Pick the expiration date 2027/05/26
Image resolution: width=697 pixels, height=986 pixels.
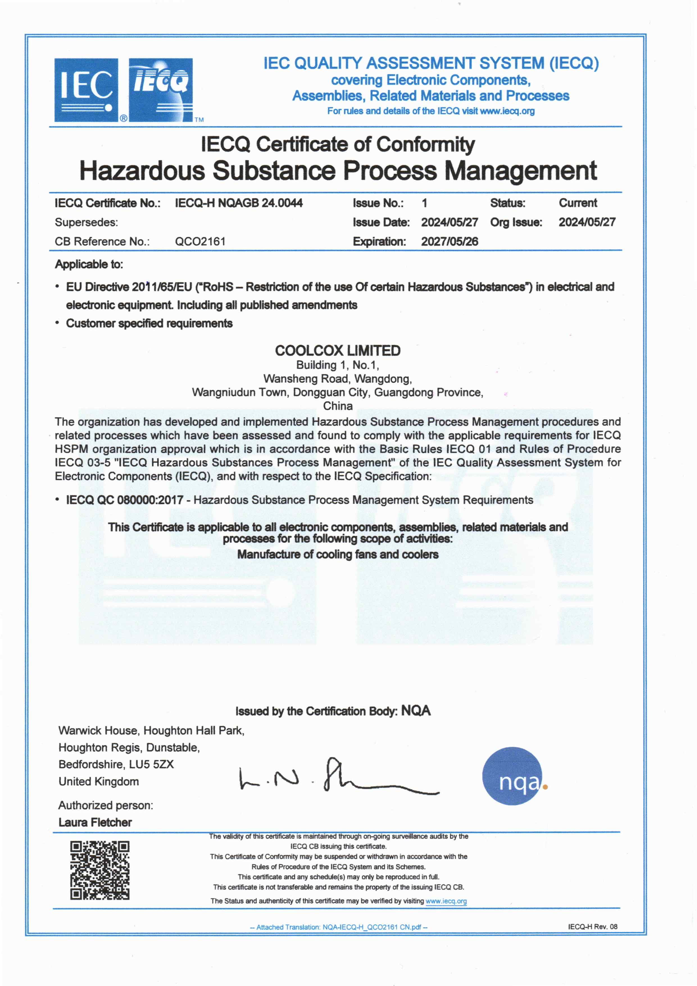(x=449, y=242)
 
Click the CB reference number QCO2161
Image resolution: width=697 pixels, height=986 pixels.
(x=200, y=242)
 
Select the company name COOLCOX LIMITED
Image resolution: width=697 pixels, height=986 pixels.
(x=338, y=351)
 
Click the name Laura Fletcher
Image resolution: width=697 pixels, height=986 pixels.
(x=95, y=822)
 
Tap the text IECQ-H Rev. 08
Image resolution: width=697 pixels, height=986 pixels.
(x=593, y=927)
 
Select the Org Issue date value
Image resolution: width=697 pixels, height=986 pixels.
(x=587, y=222)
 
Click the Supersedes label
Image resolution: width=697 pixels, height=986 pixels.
(x=86, y=222)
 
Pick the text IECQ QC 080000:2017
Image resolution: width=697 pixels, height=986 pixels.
(x=124, y=500)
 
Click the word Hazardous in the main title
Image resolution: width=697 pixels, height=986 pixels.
(x=142, y=170)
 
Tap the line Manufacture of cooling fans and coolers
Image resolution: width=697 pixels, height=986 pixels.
(x=338, y=554)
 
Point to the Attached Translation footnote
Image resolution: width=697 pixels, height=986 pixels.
(x=339, y=927)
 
